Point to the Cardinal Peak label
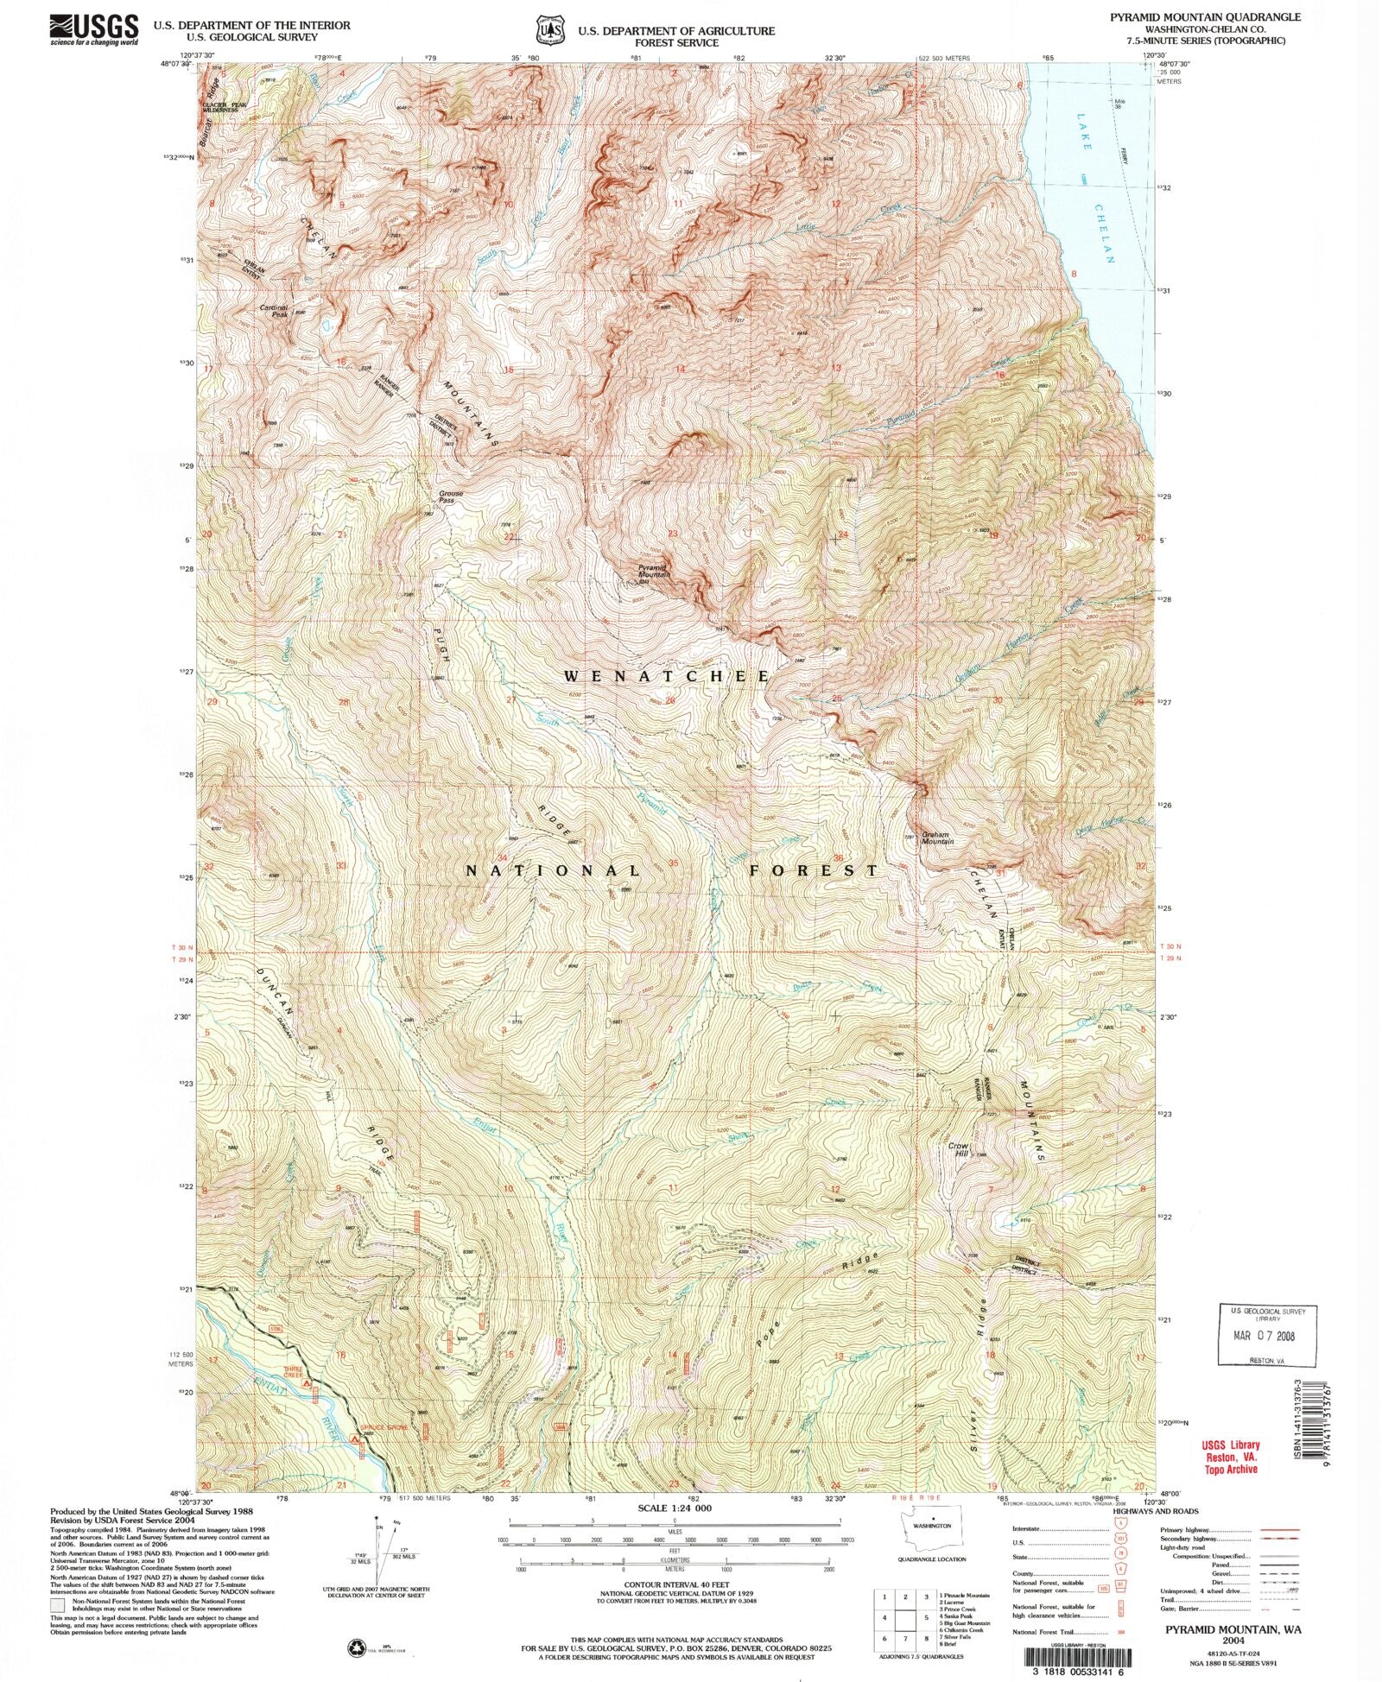275,310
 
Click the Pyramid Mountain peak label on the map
654,571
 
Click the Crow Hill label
959,1149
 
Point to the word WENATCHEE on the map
666,677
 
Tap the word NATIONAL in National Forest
553,870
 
